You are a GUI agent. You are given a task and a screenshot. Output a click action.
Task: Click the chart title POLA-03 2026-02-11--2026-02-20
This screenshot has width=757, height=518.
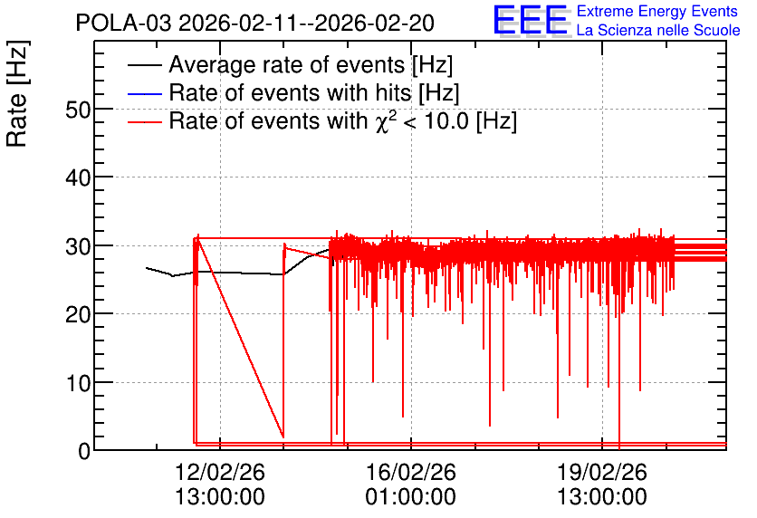pyautogui.click(x=255, y=24)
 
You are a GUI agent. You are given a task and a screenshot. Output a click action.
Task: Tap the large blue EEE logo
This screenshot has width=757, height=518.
pyautogui.click(x=531, y=20)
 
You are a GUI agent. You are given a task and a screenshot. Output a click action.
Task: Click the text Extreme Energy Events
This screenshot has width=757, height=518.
pyautogui.click(x=657, y=11)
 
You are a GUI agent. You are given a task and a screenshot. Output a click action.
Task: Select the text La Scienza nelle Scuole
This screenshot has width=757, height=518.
pyautogui.click(x=658, y=31)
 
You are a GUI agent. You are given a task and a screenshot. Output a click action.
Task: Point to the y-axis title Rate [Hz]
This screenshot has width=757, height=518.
pyautogui.click(x=17, y=93)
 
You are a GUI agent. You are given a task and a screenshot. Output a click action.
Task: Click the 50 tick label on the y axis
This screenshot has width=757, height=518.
pyautogui.click(x=78, y=110)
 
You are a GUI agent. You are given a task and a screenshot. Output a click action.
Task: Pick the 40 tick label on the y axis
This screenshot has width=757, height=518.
pyautogui.click(x=78, y=178)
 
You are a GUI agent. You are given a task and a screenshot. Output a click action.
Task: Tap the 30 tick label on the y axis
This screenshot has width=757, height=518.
pyautogui.click(x=78, y=246)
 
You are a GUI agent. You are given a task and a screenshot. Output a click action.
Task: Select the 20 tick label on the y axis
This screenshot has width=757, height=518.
pyautogui.click(x=78, y=315)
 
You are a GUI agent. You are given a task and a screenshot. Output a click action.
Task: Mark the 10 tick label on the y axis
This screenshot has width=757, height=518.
pyautogui.click(x=78, y=384)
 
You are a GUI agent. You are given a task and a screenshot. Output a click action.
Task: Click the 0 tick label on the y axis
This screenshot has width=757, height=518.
pyautogui.click(x=84, y=452)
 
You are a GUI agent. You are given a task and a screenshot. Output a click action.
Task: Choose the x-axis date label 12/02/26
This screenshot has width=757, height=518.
pyautogui.click(x=220, y=472)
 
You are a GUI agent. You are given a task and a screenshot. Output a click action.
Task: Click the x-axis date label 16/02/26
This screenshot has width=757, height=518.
pyautogui.click(x=411, y=472)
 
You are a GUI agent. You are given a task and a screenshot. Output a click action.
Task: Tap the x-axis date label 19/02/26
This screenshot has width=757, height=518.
pyautogui.click(x=602, y=472)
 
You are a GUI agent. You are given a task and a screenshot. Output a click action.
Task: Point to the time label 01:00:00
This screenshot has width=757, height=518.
pyautogui.click(x=411, y=497)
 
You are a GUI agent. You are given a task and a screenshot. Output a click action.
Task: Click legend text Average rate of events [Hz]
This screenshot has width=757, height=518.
pyautogui.click(x=311, y=64)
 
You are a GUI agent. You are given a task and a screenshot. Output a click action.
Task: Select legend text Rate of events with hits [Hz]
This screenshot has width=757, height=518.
pyautogui.click(x=314, y=92)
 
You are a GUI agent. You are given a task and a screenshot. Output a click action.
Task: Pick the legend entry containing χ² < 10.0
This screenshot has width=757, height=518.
pyautogui.click(x=343, y=120)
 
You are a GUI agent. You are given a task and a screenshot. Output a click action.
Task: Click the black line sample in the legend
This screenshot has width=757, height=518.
pyautogui.click(x=144, y=65)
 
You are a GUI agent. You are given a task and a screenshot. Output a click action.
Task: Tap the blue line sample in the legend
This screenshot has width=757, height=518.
pyautogui.click(x=144, y=93)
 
